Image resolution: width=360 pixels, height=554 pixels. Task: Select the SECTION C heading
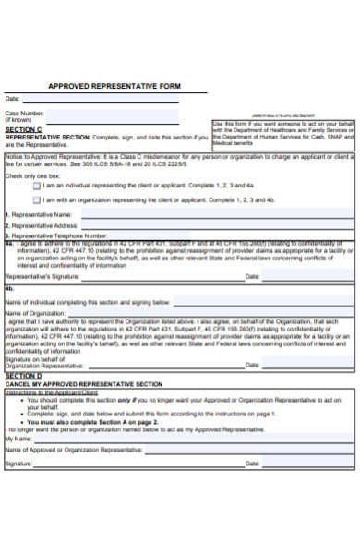[x=24, y=129]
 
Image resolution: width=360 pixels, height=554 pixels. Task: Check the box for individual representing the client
[x=37, y=185]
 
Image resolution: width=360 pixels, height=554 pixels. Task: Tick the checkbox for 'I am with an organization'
[x=37, y=199]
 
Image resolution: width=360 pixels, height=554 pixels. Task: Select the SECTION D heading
[x=24, y=376]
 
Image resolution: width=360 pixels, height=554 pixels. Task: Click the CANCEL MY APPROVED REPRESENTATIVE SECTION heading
[x=84, y=383]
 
